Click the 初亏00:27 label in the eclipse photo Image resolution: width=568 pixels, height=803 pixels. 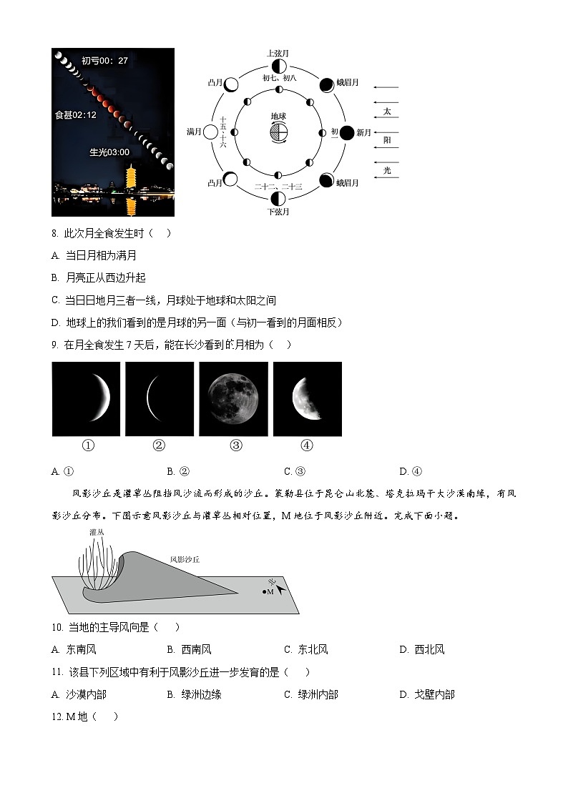click(104, 61)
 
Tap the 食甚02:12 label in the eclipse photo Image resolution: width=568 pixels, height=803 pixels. click(76, 114)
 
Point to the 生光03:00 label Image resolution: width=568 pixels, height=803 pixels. click(109, 152)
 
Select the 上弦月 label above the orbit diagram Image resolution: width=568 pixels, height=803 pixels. click(278, 54)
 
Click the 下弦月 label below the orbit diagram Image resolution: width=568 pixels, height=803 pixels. click(278, 212)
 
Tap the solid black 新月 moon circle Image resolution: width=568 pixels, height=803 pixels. click(346, 132)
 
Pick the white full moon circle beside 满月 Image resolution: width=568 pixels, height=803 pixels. click(210, 132)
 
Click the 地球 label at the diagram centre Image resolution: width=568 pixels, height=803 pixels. click(278, 117)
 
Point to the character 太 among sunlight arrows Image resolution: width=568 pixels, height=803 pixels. click(387, 112)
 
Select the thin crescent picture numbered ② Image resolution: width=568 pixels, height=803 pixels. click(159, 399)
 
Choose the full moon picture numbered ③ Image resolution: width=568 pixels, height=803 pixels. click(234, 399)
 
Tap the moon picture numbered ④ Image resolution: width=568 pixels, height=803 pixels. click(308, 399)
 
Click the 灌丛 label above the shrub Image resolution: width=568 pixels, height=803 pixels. click(97, 533)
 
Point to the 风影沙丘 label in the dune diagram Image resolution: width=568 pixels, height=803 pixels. click(185, 560)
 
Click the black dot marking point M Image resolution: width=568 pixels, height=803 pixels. click(264, 591)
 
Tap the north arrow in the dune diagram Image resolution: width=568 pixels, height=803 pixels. click(280, 588)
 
